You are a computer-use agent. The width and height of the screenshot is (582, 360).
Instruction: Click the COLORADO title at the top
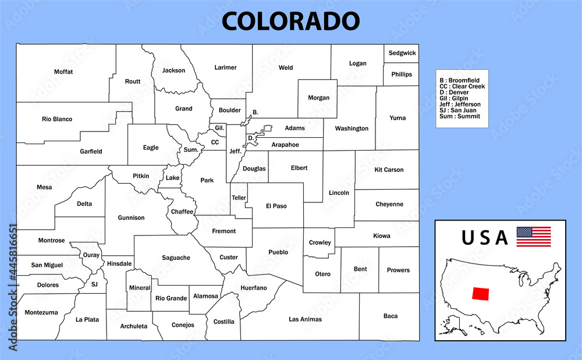click(290, 21)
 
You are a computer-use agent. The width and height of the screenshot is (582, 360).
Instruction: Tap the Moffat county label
click(63, 72)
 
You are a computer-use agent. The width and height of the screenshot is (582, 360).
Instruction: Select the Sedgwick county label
click(402, 53)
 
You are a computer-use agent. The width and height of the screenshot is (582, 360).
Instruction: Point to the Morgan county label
click(318, 98)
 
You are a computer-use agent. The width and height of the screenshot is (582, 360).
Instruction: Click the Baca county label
click(391, 316)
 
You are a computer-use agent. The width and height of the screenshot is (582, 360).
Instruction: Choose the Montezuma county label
click(41, 312)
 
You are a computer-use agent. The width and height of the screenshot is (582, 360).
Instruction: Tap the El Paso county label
click(276, 206)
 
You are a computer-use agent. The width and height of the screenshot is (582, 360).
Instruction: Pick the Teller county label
click(239, 198)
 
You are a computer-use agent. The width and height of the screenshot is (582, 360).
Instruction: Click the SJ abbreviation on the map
click(94, 284)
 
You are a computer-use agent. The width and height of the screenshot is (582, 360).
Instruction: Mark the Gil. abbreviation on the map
click(219, 127)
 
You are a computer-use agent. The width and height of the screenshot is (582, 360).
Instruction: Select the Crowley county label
click(320, 243)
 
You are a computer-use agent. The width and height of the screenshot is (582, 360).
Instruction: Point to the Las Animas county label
click(305, 319)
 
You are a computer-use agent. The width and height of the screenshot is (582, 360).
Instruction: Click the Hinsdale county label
click(119, 263)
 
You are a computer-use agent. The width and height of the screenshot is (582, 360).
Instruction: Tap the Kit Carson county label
click(389, 170)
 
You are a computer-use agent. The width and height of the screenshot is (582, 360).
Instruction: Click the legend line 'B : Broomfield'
click(459, 80)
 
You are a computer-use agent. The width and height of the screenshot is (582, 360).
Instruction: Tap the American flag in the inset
click(533, 237)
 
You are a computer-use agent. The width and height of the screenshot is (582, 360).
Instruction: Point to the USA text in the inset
click(485, 237)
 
